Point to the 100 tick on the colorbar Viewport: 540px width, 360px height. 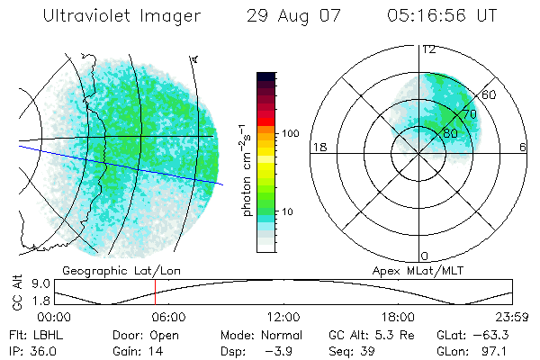(289, 133)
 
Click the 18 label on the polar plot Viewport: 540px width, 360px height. (319, 147)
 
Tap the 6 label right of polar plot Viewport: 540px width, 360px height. (524, 147)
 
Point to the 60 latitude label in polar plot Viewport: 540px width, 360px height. (490, 94)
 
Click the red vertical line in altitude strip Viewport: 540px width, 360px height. (155, 292)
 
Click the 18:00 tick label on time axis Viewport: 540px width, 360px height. (398, 317)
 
